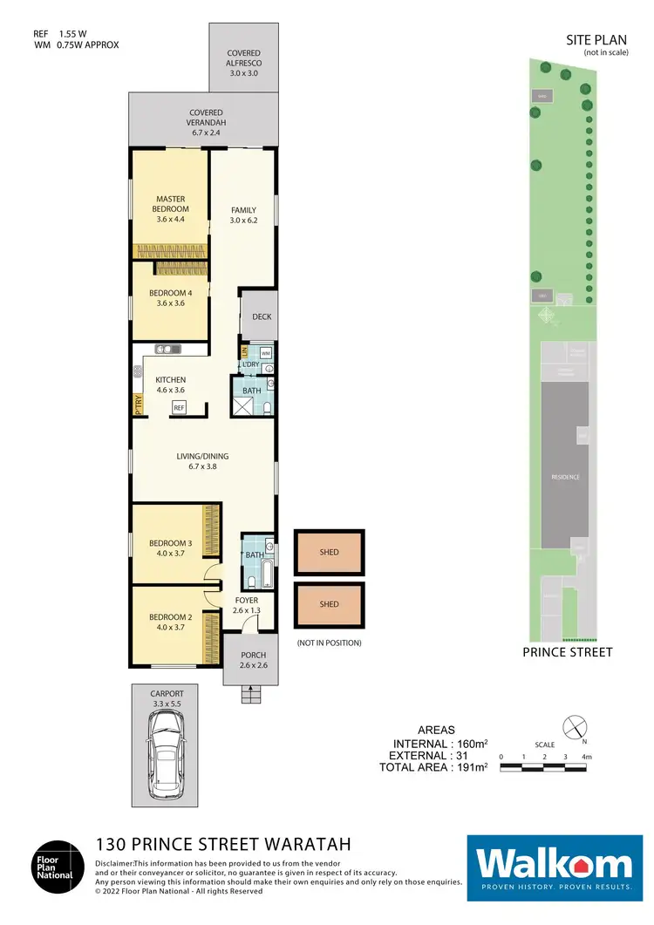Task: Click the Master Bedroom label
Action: pyautogui.click(x=171, y=204)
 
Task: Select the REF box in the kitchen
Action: pyautogui.click(x=179, y=407)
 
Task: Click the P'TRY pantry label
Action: pyautogui.click(x=138, y=404)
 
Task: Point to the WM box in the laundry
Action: pyautogui.click(x=266, y=352)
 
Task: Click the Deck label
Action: pyautogui.click(x=262, y=317)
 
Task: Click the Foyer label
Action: pyautogui.click(x=245, y=600)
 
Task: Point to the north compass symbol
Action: pyautogui.click(x=574, y=726)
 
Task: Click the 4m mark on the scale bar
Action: pyautogui.click(x=587, y=757)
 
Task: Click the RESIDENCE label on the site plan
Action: pyautogui.click(x=565, y=477)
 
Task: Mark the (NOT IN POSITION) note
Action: pyautogui.click(x=330, y=643)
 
